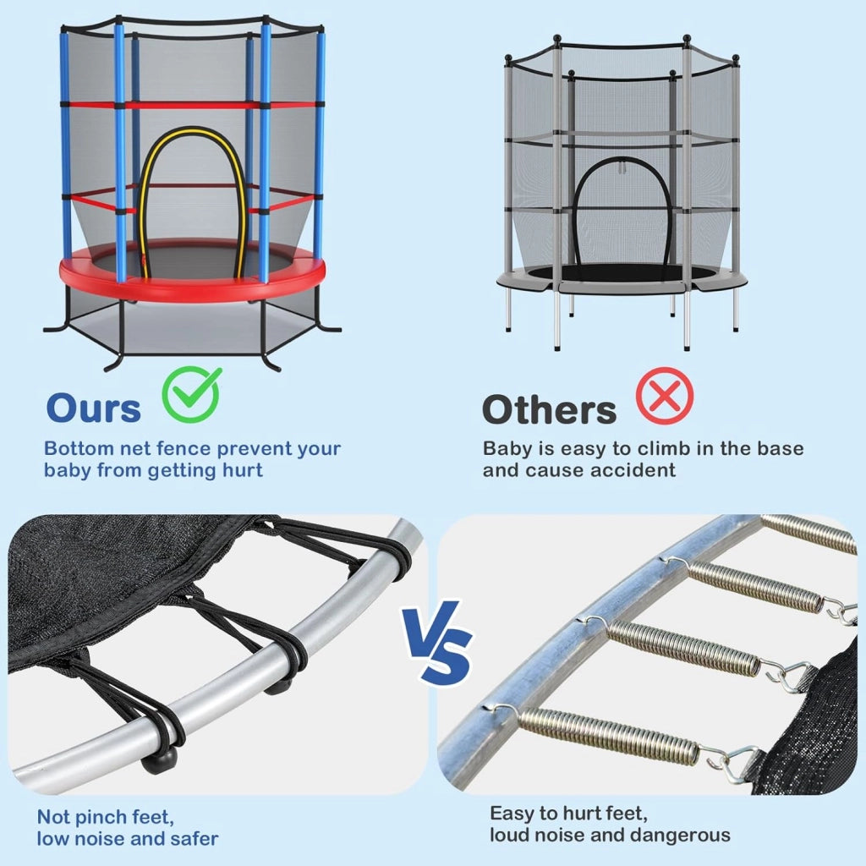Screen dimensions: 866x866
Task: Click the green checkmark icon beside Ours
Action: pos(192,394)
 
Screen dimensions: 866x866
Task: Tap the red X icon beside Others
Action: pos(665,396)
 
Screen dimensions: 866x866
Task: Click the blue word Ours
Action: pos(94,408)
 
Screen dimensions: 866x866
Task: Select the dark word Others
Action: pos(549,409)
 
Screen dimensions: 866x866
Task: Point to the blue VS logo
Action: pos(437,643)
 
